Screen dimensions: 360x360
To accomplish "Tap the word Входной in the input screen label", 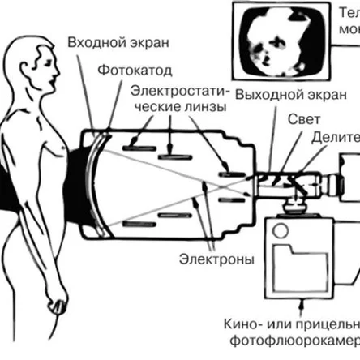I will pyautogui.click(x=92, y=41).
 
